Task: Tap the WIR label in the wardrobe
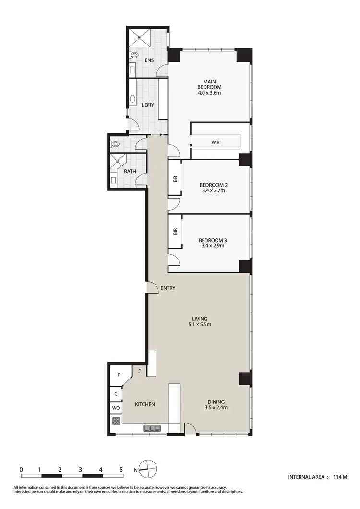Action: pos(215,142)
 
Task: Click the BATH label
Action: pos(130,171)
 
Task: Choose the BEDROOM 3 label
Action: pos(212,240)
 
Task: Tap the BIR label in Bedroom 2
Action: pos(175,179)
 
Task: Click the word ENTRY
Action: pos(168,288)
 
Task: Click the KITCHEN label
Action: pos(144,404)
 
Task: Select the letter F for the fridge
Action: pos(140,370)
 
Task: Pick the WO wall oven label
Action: pos(116,408)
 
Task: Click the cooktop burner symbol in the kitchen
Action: pos(116,422)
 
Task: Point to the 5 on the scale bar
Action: pos(121,470)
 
